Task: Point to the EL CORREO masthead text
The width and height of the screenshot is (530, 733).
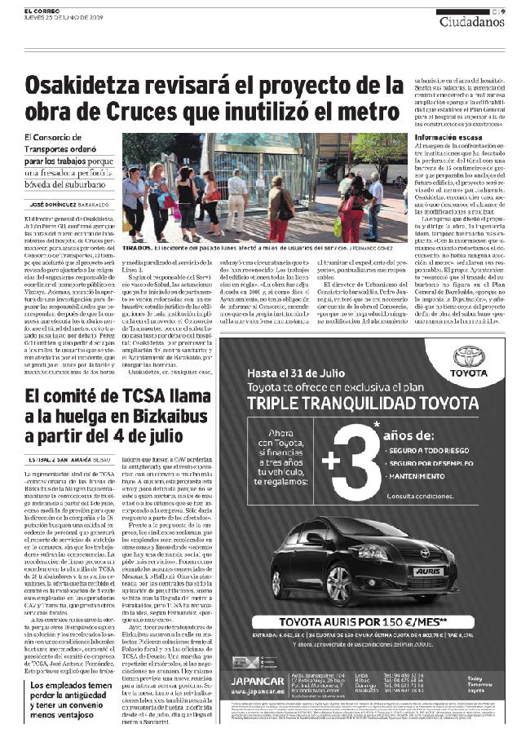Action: point(42,10)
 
